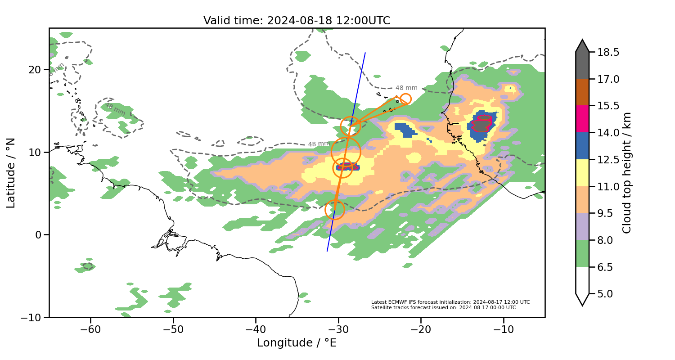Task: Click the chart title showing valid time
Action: pos(297,21)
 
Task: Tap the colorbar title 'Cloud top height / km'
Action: pos(627,173)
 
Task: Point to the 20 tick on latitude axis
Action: pos(36,70)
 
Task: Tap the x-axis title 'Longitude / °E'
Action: pos(297,343)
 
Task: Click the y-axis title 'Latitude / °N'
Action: pos(11,173)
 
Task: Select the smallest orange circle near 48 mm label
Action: pos(405,99)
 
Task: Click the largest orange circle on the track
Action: pos(346,152)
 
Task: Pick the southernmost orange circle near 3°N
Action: pos(334,210)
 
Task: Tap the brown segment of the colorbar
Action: pos(582,92)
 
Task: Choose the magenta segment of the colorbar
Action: pos(582,119)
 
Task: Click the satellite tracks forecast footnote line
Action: pos(443,308)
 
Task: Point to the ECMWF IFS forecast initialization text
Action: pos(450,302)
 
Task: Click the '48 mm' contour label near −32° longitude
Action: pos(319,144)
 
